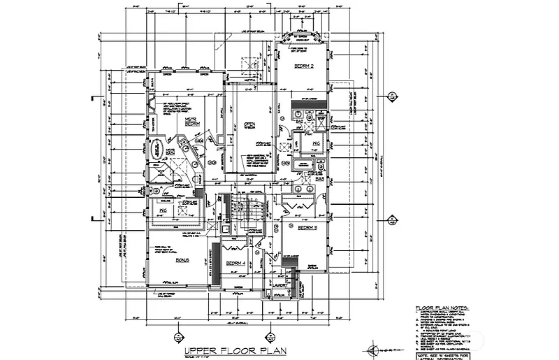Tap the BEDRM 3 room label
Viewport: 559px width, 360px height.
click(x=308, y=228)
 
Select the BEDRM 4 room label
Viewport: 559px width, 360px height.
click(x=235, y=263)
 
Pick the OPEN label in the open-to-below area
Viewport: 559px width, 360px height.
click(x=250, y=127)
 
